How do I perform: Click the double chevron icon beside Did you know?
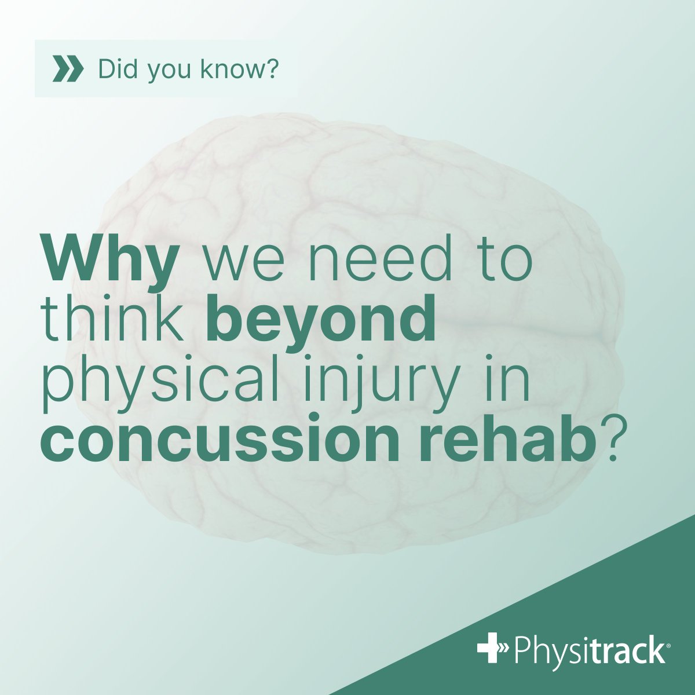[x=67, y=69]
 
